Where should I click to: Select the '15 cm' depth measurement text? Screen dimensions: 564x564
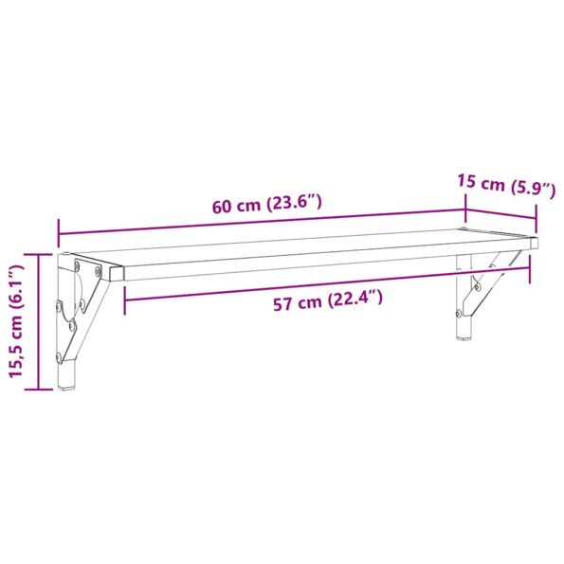point(480,182)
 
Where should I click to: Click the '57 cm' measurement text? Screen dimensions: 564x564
point(295,303)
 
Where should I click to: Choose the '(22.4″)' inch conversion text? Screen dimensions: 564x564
point(355,300)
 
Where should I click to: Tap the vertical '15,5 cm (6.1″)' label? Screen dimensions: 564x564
point(14,321)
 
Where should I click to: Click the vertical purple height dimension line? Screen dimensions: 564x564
point(38,321)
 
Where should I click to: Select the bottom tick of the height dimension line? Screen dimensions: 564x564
point(38,389)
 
